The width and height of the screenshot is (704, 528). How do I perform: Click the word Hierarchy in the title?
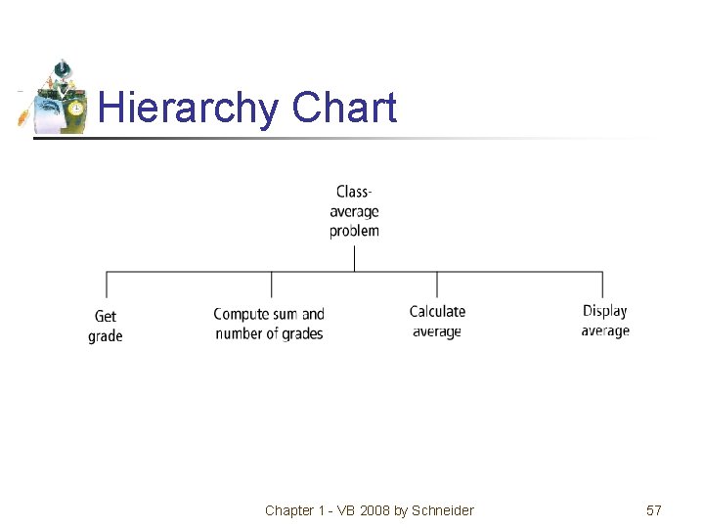click(188, 108)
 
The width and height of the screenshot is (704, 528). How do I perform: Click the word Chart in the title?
click(344, 108)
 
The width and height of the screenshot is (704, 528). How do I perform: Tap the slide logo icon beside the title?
click(54, 97)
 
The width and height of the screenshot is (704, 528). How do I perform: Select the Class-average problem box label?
click(354, 211)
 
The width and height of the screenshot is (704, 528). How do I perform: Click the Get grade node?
click(106, 326)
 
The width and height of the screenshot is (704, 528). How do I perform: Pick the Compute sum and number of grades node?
click(269, 324)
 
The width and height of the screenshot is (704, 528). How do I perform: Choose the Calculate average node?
click(437, 322)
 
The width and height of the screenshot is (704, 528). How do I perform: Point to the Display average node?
click(605, 321)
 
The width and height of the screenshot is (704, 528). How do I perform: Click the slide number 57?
click(654, 510)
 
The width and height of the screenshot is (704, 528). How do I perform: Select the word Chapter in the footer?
click(289, 510)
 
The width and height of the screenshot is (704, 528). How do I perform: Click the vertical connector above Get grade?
click(107, 285)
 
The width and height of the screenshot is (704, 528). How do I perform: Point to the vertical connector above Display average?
click(602, 285)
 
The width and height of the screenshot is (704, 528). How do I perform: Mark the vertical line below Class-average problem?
click(354, 257)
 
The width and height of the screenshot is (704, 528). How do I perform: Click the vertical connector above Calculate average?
click(437, 285)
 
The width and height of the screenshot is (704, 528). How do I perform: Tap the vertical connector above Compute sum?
click(272, 285)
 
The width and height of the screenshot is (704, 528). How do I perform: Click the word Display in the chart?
click(605, 311)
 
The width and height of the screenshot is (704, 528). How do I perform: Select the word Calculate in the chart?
click(437, 312)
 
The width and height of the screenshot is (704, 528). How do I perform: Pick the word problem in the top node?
click(354, 232)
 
